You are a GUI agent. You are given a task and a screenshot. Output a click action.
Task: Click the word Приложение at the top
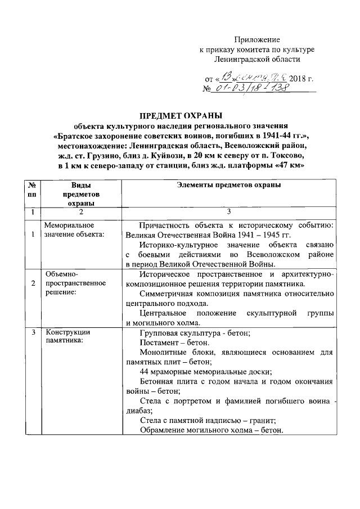click(x=256, y=40)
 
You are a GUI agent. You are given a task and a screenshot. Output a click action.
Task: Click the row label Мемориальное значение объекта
click(x=74, y=229)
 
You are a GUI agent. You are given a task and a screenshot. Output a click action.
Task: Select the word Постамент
click(x=157, y=342)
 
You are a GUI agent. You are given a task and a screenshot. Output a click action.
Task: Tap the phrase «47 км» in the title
click(x=290, y=166)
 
